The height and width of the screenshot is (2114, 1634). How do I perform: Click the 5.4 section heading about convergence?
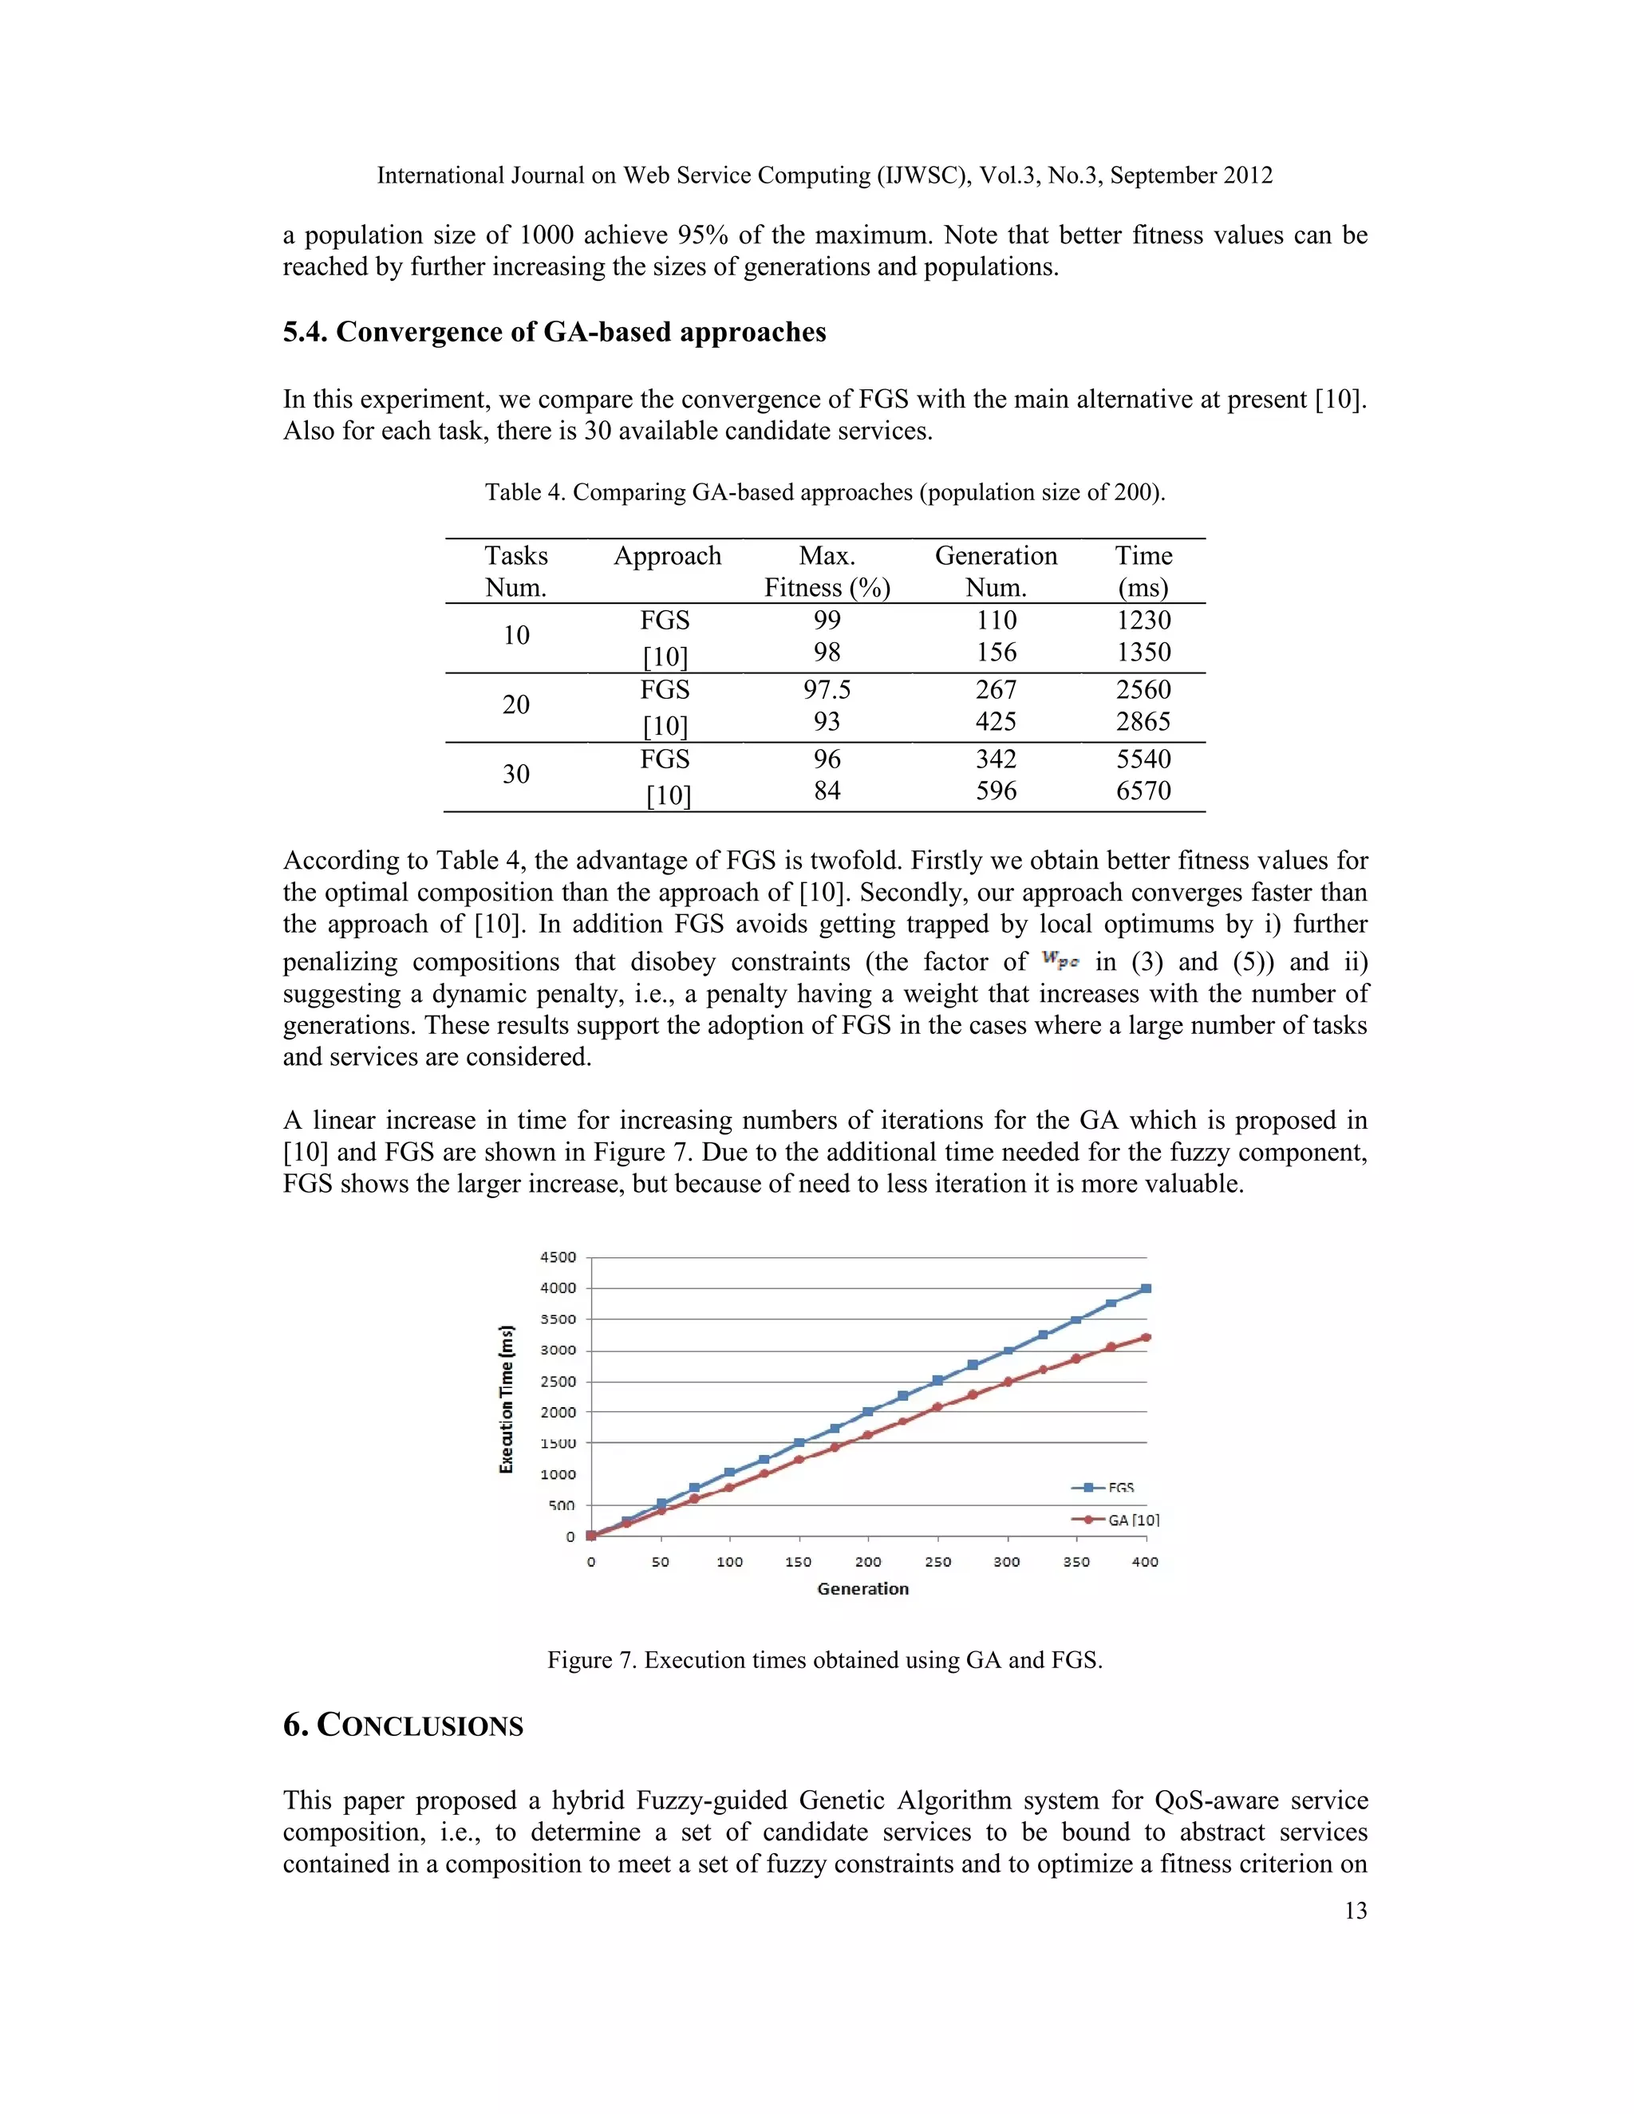click(554, 332)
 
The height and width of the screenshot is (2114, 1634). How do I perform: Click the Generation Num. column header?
click(995, 571)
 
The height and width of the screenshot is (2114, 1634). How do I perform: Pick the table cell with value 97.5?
click(827, 689)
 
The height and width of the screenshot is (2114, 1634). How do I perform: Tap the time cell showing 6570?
click(1143, 791)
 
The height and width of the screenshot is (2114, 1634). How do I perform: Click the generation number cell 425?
click(996, 721)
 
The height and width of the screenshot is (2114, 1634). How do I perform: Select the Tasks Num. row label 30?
click(516, 775)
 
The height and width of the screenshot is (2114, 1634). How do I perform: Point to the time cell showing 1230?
click(1143, 620)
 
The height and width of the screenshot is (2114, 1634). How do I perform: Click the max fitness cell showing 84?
click(827, 791)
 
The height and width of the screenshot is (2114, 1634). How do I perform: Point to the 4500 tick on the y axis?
click(558, 1257)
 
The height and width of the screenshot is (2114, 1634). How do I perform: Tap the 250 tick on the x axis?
click(937, 1561)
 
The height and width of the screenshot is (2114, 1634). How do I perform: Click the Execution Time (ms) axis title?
click(507, 1398)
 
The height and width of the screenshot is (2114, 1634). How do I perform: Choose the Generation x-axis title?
click(862, 1588)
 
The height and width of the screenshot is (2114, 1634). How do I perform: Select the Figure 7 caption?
click(825, 1660)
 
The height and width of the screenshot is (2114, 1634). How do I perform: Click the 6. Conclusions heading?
click(403, 1726)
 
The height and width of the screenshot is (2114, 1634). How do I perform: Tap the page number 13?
click(1356, 1910)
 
